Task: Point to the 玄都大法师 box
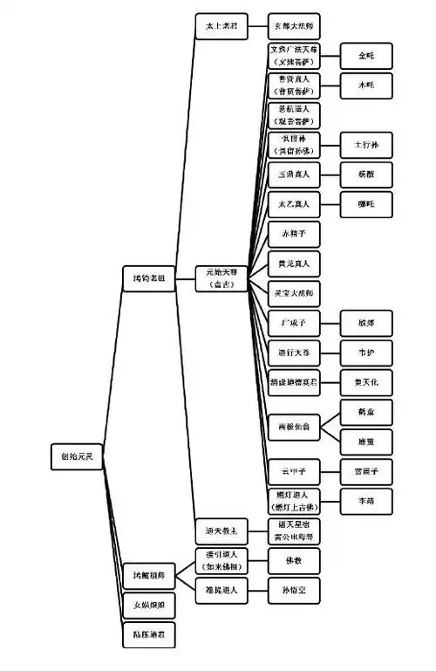tap(294, 26)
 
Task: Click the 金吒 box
tap(365, 55)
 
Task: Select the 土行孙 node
tap(365, 143)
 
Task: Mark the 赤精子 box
tap(294, 233)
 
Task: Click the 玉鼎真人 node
tap(294, 174)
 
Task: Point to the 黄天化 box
tap(365, 382)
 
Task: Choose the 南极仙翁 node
tap(294, 426)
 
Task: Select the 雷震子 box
tap(365, 471)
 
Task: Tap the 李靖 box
tap(365, 501)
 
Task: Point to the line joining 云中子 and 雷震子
tap(330, 471)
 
